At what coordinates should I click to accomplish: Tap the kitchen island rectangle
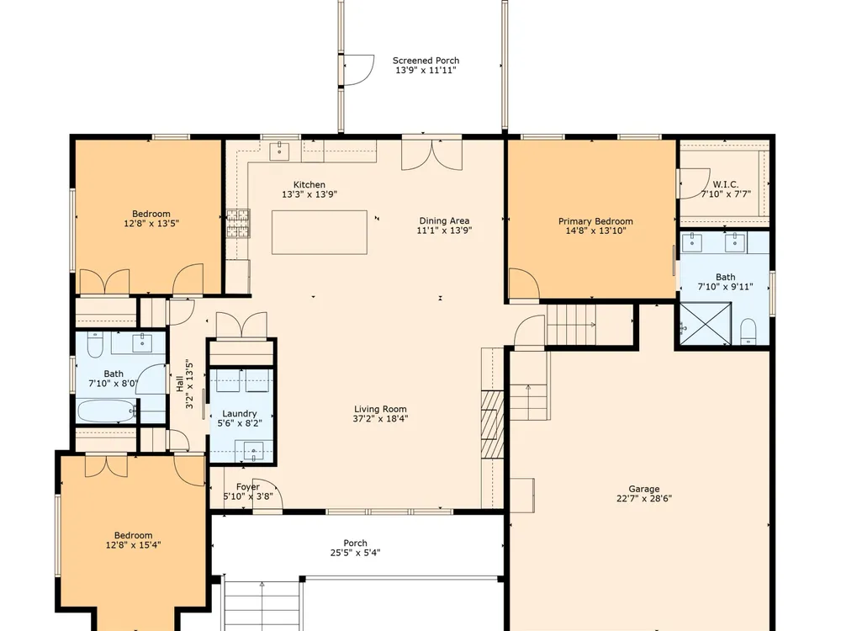tap(319, 232)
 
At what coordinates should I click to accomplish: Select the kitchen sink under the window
tap(279, 151)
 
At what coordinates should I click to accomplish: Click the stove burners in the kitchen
tap(238, 223)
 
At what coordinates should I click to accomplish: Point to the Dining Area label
tap(444, 220)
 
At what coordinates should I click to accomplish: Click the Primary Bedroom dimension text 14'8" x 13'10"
tap(595, 231)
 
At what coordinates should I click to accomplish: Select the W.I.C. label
tap(725, 184)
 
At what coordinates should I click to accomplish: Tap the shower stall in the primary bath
tap(706, 324)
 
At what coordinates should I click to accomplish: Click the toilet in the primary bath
tap(748, 331)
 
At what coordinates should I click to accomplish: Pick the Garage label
tap(644, 489)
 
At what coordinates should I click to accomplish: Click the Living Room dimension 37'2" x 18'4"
tap(380, 418)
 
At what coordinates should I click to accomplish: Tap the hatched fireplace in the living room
tap(492, 424)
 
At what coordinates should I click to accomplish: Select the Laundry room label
tap(239, 413)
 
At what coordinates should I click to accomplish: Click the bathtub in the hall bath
tap(106, 411)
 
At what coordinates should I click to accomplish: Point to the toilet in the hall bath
tap(95, 344)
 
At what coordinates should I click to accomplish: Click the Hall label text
tap(180, 383)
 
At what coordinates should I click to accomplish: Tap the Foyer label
tap(248, 486)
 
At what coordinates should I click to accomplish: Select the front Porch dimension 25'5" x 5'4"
tap(355, 553)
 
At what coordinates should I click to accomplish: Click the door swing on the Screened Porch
tap(358, 70)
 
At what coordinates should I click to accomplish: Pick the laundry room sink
tap(254, 450)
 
